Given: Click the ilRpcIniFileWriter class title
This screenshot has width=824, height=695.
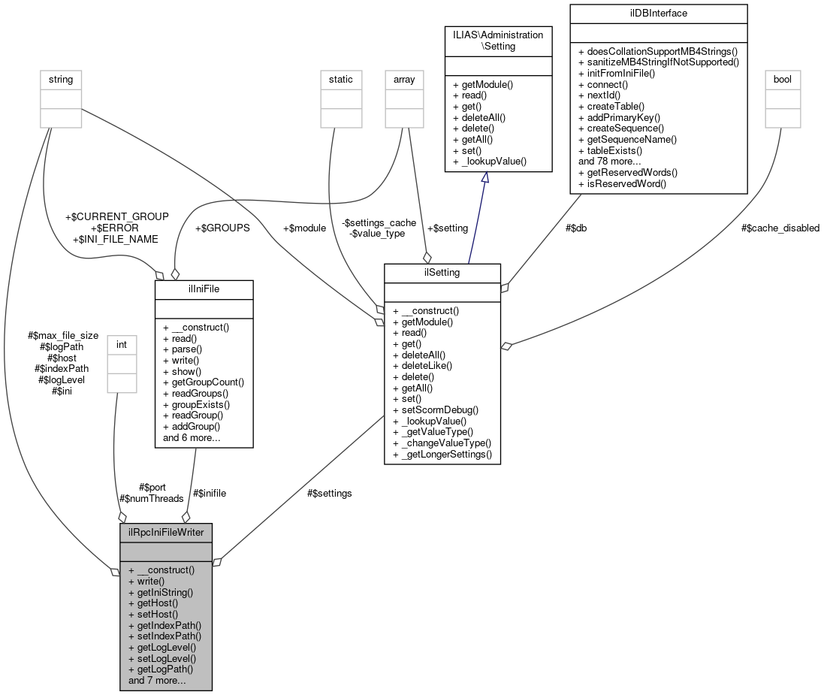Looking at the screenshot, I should tap(165, 532).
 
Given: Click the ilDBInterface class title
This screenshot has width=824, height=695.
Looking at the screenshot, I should tap(658, 13).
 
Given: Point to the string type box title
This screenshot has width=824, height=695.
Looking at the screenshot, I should tap(61, 79).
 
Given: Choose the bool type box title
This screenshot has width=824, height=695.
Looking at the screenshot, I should tap(781, 79).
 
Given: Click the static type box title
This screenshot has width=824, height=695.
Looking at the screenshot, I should tap(340, 79).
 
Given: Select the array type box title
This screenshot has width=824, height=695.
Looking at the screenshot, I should tap(404, 79).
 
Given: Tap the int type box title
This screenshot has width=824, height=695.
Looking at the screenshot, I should tap(122, 344).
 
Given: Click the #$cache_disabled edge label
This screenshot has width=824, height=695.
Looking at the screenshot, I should tap(780, 228).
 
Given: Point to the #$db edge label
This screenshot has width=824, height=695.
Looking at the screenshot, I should tap(576, 228).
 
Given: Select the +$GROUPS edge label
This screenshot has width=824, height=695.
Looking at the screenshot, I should tap(222, 228).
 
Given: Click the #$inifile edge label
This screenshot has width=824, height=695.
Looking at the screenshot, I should tap(210, 493).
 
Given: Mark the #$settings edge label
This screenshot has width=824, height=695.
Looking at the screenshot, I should tap(329, 493).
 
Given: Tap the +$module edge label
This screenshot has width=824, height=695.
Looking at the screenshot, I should tap(304, 228).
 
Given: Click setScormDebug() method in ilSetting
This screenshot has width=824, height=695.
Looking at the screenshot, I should tap(435, 409).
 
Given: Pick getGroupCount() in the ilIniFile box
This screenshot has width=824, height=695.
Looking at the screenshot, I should tap(203, 382).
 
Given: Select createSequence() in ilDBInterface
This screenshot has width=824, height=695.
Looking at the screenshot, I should tap(620, 128).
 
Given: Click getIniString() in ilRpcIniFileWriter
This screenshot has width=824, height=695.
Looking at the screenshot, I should tap(160, 592).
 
